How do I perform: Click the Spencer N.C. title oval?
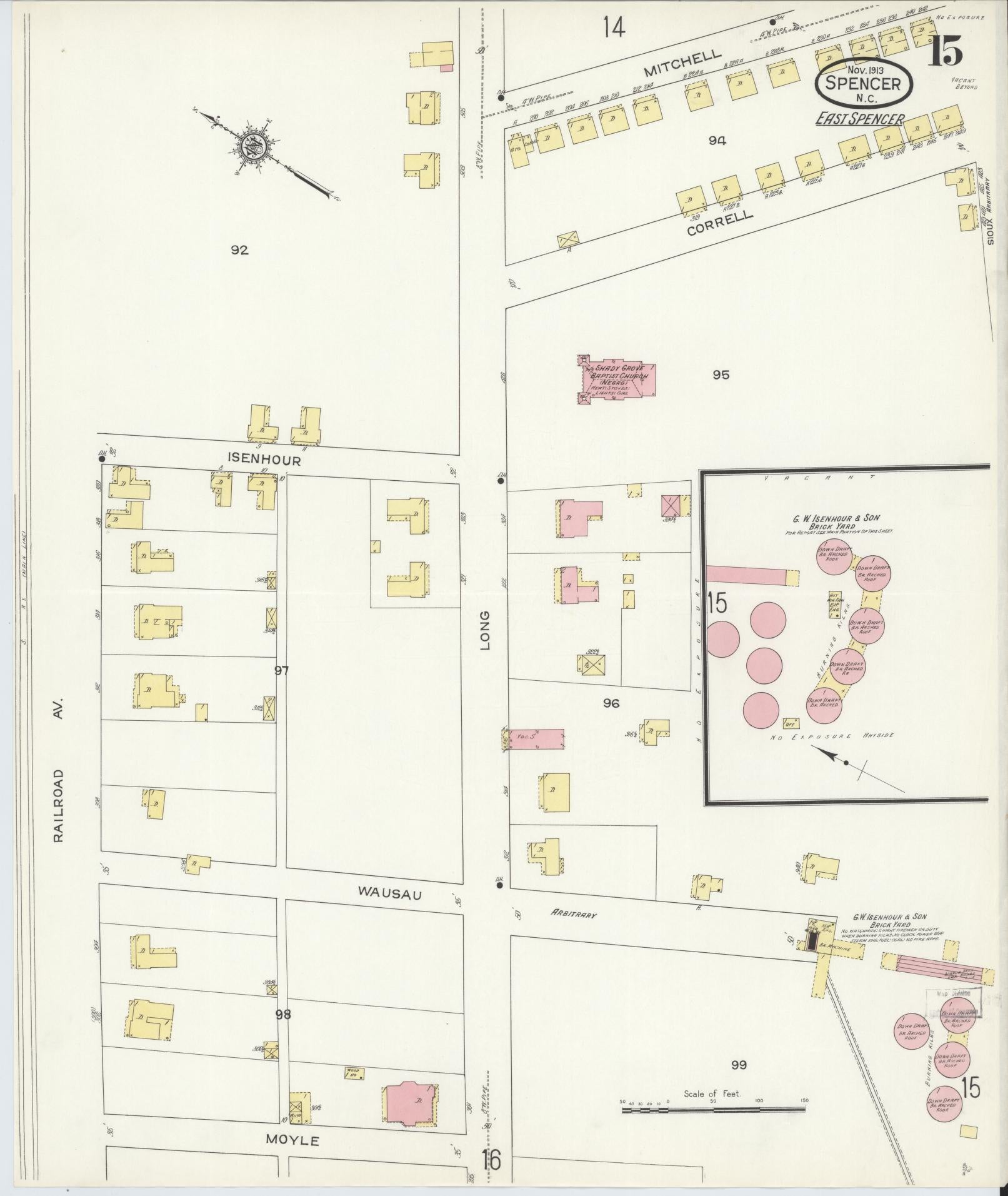coord(863,83)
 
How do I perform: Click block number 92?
coord(239,250)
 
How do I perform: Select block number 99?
coord(739,1065)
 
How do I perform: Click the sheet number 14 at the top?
coord(614,28)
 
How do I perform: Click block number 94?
coord(717,141)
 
